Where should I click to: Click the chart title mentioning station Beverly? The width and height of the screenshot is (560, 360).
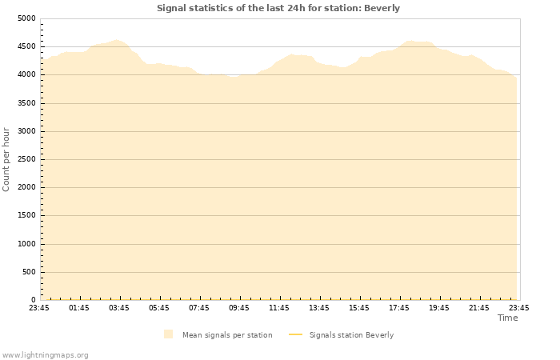tap(278, 8)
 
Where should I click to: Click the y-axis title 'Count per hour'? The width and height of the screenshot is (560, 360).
tap(6, 159)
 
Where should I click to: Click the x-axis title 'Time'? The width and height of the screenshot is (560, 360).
tap(507, 318)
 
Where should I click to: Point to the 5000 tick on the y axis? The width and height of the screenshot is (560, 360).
tap(26, 18)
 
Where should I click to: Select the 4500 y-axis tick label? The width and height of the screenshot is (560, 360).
tap(26, 46)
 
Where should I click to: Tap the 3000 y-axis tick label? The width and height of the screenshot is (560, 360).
tap(26, 131)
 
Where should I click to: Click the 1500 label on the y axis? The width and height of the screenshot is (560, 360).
tap(26, 216)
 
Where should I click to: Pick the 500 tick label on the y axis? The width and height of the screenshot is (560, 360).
tap(29, 273)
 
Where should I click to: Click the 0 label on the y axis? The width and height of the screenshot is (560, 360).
tap(34, 301)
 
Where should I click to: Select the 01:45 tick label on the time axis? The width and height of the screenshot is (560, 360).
tap(79, 308)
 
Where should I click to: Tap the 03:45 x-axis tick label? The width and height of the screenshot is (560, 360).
tap(119, 308)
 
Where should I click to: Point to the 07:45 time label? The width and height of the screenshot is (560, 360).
tap(199, 308)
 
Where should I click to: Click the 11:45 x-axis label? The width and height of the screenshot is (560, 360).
tap(279, 308)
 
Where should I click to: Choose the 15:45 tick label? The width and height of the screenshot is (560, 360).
tap(359, 308)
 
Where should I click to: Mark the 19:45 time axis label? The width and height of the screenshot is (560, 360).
tap(439, 308)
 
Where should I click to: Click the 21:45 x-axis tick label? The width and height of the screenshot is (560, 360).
tap(479, 308)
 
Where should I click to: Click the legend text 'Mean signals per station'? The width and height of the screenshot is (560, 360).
tap(227, 335)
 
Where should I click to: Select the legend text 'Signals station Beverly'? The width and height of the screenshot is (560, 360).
tap(351, 335)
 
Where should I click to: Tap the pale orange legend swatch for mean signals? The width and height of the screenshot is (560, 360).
tap(168, 334)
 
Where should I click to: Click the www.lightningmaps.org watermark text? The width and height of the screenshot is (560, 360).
tap(46, 354)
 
